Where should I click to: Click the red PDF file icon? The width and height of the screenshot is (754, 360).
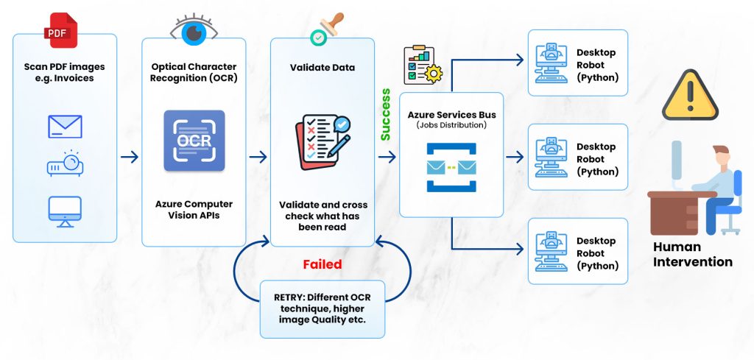click(x=60, y=29)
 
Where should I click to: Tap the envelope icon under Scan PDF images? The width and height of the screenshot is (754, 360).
click(x=65, y=127)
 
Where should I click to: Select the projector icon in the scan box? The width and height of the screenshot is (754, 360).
click(x=65, y=163)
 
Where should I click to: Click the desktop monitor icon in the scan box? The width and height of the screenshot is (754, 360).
click(x=65, y=211)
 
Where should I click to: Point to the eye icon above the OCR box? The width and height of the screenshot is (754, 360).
click(x=194, y=29)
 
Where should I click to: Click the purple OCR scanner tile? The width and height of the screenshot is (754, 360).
click(x=194, y=141)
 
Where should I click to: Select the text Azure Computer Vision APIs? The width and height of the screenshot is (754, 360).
click(x=194, y=210)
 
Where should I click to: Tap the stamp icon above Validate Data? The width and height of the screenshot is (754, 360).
click(x=327, y=29)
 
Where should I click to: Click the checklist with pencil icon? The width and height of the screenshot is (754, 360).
click(x=323, y=142)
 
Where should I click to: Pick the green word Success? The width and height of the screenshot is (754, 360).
click(x=386, y=114)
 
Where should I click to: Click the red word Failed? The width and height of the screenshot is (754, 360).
click(x=323, y=264)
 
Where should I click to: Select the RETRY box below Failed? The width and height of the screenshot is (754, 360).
click(x=323, y=309)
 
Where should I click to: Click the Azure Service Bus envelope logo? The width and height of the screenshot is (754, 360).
click(x=451, y=167)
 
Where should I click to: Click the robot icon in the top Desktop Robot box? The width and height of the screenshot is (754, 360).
click(x=551, y=63)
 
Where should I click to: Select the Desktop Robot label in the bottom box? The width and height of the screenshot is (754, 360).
click(x=597, y=253)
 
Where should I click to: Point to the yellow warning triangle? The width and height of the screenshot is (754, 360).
click(x=690, y=95)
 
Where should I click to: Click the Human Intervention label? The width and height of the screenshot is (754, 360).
click(x=692, y=254)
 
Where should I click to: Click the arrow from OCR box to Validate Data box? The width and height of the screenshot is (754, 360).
click(x=258, y=157)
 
